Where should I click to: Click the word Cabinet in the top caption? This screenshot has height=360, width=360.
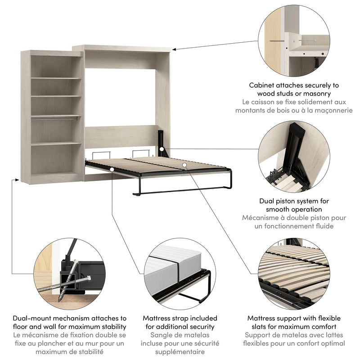pos(264,85)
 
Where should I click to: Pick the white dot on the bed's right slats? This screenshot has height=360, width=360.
pos(184,166)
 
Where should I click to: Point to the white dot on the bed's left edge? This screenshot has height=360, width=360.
pos(111,169)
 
